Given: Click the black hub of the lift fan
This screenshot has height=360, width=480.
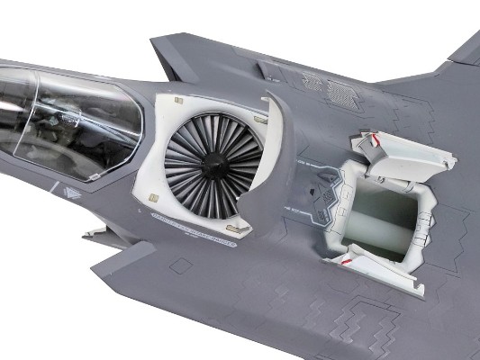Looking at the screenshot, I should (213, 166).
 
